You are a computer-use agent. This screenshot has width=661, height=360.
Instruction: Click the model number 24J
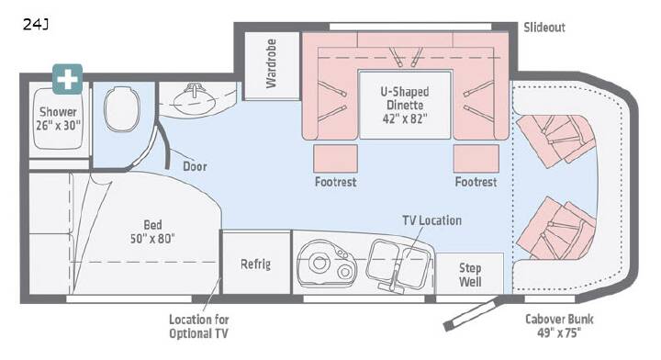click(x=36, y=25)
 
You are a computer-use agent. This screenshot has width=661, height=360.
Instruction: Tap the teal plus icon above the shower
click(x=67, y=79)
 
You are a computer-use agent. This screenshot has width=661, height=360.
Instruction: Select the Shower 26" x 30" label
click(x=58, y=118)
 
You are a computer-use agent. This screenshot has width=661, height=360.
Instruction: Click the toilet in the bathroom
click(x=122, y=109)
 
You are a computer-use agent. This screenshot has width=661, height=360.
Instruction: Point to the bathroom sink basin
click(x=193, y=101)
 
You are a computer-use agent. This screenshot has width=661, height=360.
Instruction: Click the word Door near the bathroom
click(x=195, y=166)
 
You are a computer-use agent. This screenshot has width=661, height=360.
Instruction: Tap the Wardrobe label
click(x=271, y=63)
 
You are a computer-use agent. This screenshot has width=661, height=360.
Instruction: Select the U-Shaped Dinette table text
click(x=405, y=105)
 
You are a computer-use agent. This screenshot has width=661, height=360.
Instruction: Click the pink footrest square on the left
click(x=336, y=159)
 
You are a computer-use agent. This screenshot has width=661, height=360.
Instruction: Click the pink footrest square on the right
click(x=476, y=159)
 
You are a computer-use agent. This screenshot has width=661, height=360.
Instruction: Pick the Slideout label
click(x=544, y=28)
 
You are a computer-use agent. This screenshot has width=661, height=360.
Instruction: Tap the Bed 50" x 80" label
click(x=152, y=231)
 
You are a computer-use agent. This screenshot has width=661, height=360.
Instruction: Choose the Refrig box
click(x=256, y=263)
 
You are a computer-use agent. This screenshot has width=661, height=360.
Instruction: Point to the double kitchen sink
click(x=399, y=264)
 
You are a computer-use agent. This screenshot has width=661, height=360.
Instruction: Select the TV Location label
click(x=432, y=220)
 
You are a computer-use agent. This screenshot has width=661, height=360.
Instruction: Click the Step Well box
click(x=470, y=274)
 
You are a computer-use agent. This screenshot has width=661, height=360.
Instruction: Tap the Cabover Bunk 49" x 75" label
click(x=559, y=325)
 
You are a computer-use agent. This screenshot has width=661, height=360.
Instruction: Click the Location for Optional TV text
click(x=199, y=326)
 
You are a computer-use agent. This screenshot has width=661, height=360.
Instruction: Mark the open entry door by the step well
click(x=473, y=314)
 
